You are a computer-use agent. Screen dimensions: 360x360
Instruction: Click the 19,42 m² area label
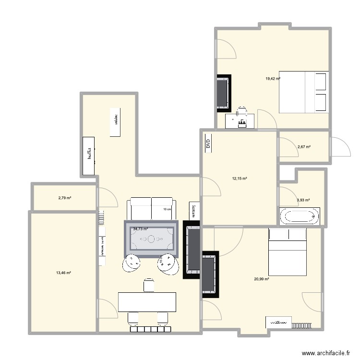[273, 79]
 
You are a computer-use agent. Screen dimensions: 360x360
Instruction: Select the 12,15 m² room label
[240, 179]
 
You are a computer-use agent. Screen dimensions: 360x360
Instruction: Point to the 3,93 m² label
[304, 200]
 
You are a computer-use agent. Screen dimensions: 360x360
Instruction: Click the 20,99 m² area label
[262, 279]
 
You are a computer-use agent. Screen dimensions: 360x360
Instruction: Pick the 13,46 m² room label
[63, 273]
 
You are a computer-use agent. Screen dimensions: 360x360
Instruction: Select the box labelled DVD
[208, 143]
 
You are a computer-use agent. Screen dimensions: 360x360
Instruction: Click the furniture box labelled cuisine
[115, 122]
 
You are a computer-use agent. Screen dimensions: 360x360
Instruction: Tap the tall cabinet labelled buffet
[89, 156]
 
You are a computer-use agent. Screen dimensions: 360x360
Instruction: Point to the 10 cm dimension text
[167, 209]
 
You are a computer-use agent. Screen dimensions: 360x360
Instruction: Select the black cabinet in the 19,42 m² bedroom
[223, 93]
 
